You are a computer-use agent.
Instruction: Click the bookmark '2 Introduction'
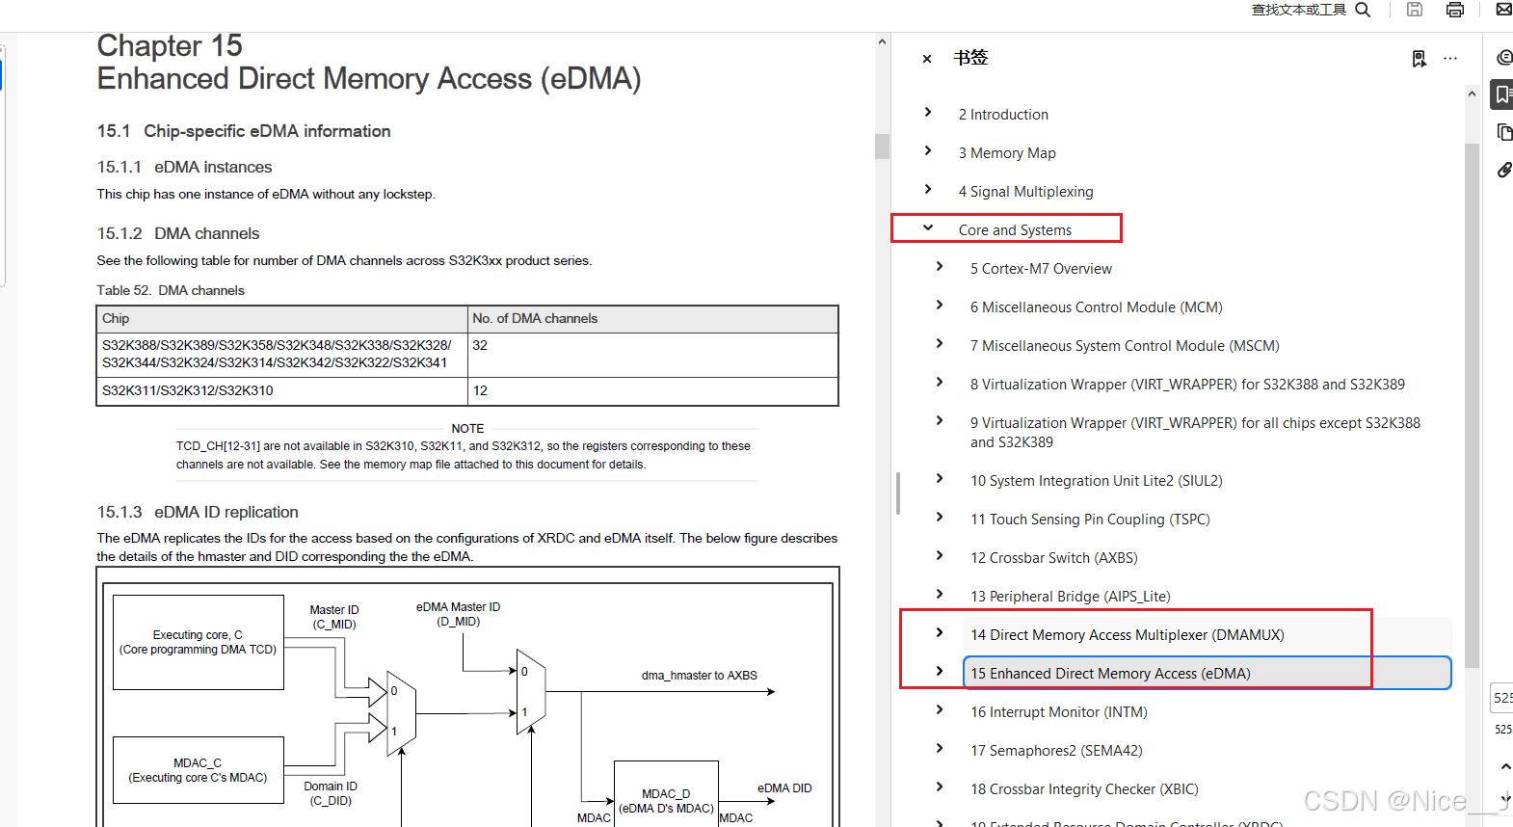point(1002,115)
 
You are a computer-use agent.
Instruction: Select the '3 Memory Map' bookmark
point(1006,153)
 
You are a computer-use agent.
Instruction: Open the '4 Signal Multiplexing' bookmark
point(1025,192)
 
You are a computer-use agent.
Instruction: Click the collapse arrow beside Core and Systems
point(928,228)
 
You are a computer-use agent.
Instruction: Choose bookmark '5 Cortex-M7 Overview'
point(1040,269)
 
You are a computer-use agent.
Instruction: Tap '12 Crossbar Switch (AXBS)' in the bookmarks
point(1053,558)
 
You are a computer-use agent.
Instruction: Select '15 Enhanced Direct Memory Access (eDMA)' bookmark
point(1109,674)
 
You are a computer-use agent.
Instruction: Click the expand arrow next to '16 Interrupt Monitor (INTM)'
point(940,710)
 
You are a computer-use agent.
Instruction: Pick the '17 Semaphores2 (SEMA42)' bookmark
point(1055,751)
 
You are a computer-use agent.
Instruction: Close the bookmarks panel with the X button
point(927,59)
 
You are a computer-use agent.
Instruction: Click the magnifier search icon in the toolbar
point(1363,10)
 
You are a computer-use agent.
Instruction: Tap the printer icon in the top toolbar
point(1455,10)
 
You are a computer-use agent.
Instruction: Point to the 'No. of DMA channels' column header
point(535,319)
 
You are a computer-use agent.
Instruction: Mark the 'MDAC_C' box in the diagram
point(198,770)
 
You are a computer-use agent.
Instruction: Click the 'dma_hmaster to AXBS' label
point(699,676)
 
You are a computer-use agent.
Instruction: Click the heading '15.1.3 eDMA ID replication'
point(198,512)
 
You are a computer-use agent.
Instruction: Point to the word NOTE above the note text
point(467,429)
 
